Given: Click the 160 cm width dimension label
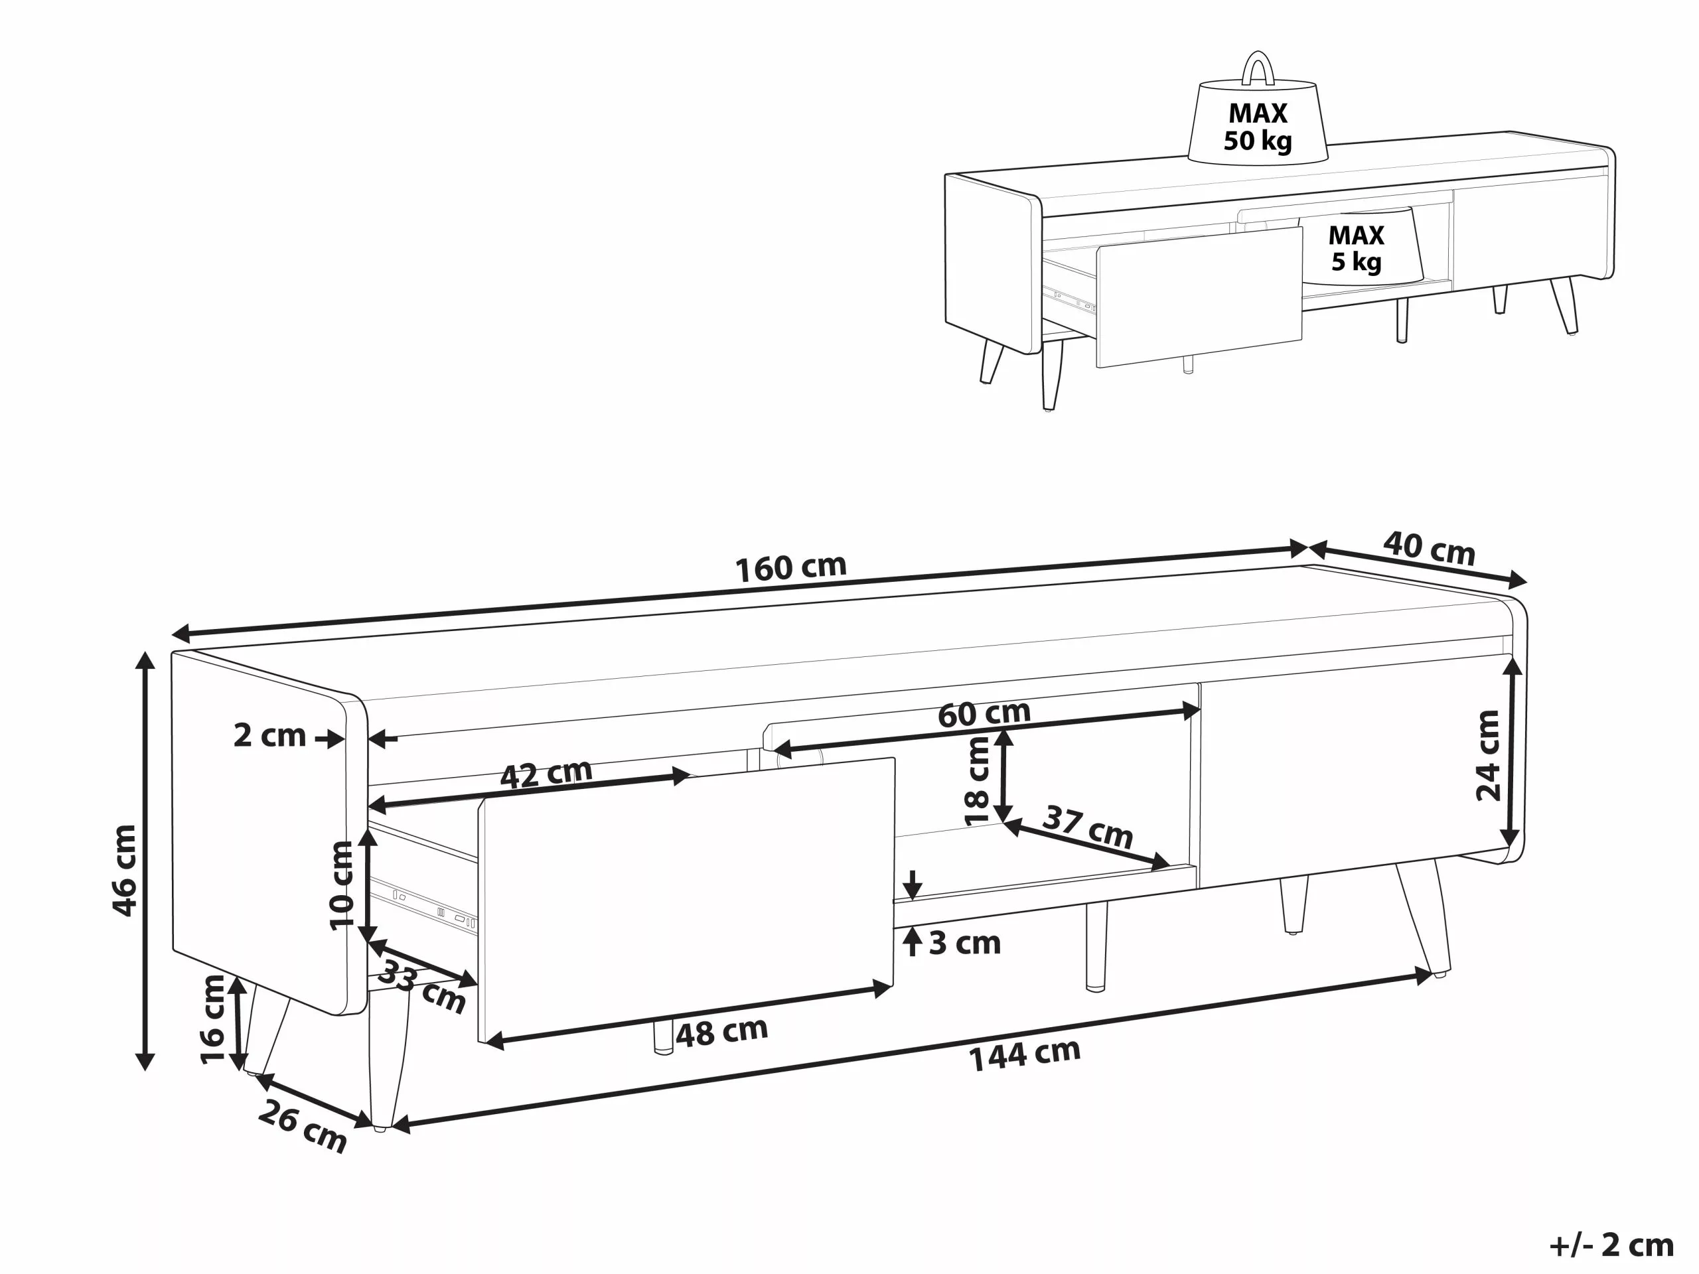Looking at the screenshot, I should (x=790, y=567).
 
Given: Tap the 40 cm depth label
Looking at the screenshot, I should (x=1429, y=548).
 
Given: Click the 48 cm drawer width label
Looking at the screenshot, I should (x=721, y=1032).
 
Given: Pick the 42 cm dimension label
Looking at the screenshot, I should (x=546, y=772).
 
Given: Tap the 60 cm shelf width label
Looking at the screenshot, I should (x=984, y=713).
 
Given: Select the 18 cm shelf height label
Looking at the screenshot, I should (x=978, y=780).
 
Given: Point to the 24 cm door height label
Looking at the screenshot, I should (x=1488, y=756).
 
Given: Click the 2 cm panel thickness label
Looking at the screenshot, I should (x=269, y=736).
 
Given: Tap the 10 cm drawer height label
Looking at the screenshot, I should (x=342, y=885).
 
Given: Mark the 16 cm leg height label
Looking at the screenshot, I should (x=213, y=1019).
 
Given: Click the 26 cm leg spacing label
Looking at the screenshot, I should (x=302, y=1126).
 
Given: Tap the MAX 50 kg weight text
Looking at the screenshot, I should (x=1258, y=127).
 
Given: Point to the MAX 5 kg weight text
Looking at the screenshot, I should (x=1356, y=248).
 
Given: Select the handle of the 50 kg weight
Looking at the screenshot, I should (x=1258, y=68).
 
